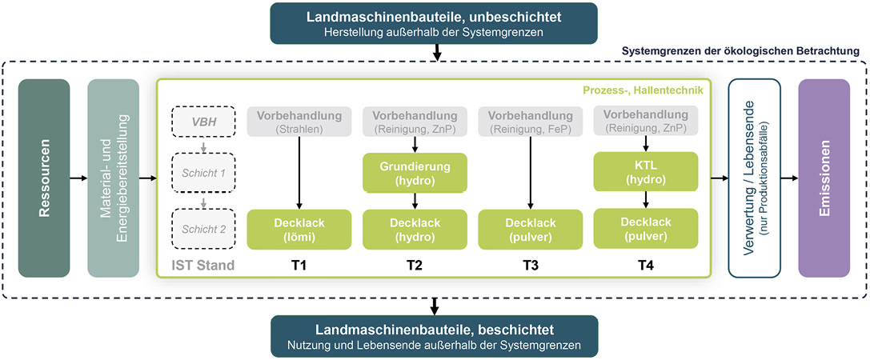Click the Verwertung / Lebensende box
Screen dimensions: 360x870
754,178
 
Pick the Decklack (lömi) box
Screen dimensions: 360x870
298,229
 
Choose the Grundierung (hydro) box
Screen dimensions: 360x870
413,173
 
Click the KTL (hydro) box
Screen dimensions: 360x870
644,173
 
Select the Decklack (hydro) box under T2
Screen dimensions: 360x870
413,229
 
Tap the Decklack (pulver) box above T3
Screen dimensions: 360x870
528,229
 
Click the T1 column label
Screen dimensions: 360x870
298,266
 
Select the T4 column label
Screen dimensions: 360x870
644,266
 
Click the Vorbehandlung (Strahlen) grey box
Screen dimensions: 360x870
298,121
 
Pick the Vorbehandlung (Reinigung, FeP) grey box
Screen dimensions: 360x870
528,121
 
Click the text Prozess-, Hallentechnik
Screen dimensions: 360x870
648,90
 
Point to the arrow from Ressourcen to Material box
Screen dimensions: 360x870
78,178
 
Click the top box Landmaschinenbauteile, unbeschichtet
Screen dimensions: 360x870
435,22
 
